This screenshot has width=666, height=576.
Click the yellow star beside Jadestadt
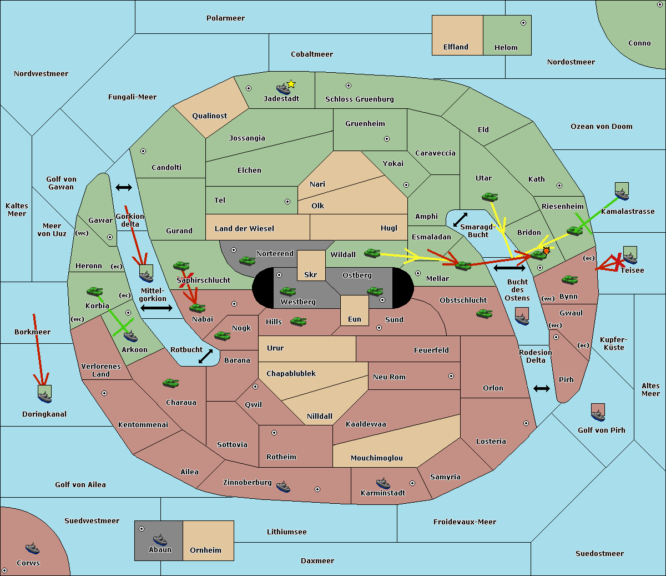coord(291,84)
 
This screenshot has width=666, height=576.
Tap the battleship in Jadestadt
coord(283,89)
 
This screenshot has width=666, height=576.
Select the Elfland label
coord(456,47)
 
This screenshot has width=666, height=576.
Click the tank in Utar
coord(490,197)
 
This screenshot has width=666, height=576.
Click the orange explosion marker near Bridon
coord(546,251)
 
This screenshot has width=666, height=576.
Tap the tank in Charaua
coord(170,383)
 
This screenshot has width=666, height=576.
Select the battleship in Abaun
coord(160,539)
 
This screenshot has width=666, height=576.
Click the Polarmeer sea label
coord(225,18)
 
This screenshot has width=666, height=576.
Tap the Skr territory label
coord(311,274)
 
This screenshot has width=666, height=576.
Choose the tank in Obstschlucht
coord(484,313)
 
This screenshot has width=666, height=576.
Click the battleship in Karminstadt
coord(383,483)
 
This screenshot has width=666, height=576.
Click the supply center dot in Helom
coord(523,23)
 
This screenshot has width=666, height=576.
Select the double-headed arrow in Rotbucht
coord(205,356)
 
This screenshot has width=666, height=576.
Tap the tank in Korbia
coord(94,292)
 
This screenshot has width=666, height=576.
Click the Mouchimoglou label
coord(377,458)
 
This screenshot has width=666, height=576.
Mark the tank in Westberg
coord(287,291)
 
